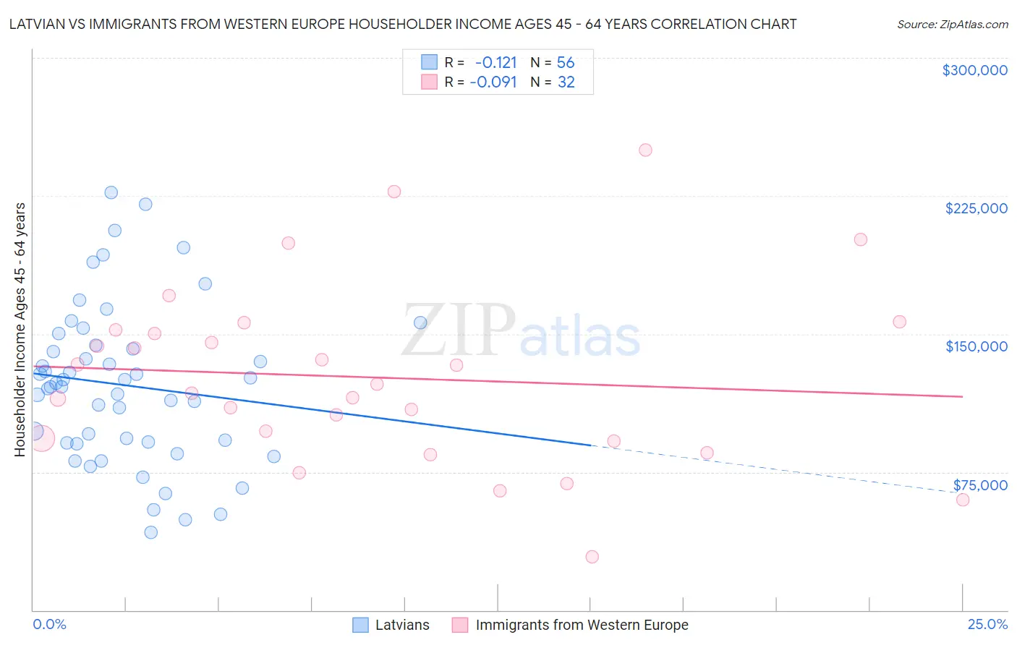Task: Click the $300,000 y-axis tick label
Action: (974, 70)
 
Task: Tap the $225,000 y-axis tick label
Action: (976, 208)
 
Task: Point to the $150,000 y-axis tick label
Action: (976, 346)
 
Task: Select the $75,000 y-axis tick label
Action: (980, 485)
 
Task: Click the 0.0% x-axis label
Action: (49, 624)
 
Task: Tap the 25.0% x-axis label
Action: (987, 624)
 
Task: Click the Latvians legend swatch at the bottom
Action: (361, 625)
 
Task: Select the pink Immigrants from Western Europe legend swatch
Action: (460, 625)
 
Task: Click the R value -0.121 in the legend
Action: (495, 62)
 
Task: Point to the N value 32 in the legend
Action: (566, 82)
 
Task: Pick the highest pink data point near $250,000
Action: (645, 150)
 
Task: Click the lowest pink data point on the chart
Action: (592, 557)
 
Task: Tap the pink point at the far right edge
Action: (962, 500)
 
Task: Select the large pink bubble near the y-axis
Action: (41, 437)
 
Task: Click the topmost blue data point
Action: (111, 192)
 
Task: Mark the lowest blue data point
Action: (150, 532)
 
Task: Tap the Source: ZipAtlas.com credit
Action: (952, 24)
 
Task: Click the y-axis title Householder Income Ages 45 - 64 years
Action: (20, 329)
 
